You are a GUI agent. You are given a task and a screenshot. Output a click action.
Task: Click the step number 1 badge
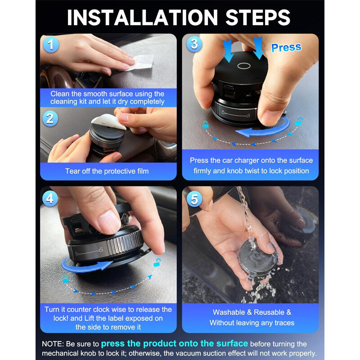pos(51,45)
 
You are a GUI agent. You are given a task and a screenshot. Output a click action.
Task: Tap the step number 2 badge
pos(50,118)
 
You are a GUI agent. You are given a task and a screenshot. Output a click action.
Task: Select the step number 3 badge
pos(194,44)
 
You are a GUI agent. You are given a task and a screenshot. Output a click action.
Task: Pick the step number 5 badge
pos(194,198)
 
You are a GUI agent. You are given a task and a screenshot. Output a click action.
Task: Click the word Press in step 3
pos(286,48)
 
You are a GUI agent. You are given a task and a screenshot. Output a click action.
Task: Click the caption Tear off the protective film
pos(107,171)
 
